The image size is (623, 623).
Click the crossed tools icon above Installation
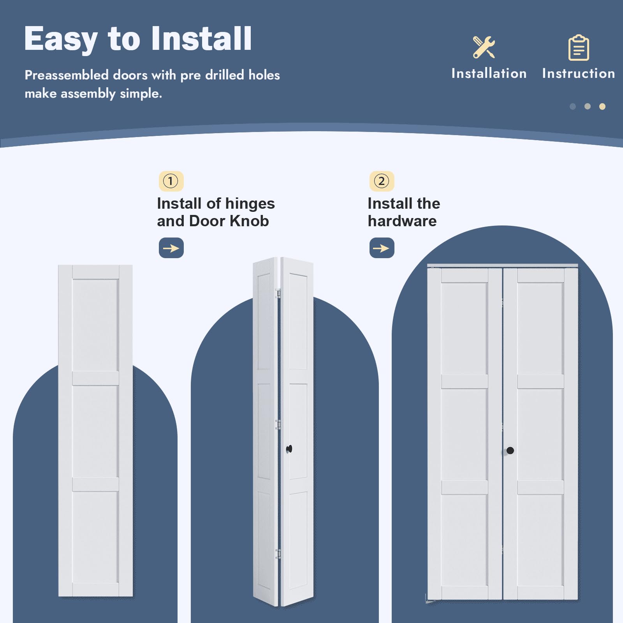pos(484,47)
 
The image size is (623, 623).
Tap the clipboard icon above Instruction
pos(579,48)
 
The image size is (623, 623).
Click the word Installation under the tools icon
pos(489,73)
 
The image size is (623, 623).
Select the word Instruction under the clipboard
pos(579,73)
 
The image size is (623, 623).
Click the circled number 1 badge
pos(171,181)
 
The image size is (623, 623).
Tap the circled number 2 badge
pos(382,181)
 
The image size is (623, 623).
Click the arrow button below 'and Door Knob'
pos(171,248)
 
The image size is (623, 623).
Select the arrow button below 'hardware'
pos(382,248)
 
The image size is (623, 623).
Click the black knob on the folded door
pos(289,449)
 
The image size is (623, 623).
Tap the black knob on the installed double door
pos(510,451)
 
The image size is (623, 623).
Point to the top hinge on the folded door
pos(278,293)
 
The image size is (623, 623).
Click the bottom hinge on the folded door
pos(278,554)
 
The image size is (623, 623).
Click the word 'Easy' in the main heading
pos(61,39)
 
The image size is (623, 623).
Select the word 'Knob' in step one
pos(249,221)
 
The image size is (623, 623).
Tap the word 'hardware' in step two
pos(402,221)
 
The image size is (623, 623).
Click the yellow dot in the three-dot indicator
pos(602,106)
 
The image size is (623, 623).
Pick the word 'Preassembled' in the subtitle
pos(67,75)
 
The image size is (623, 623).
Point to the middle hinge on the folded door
pos(278,424)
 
